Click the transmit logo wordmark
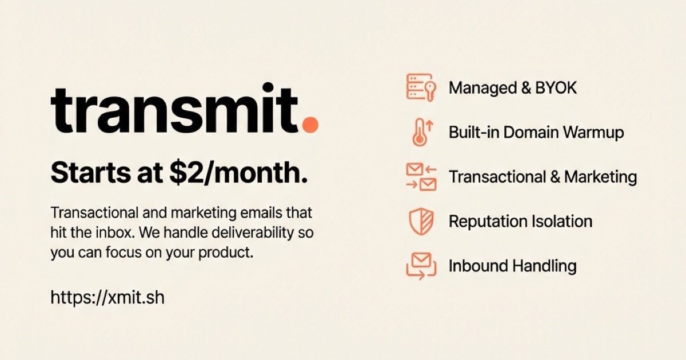[174, 110]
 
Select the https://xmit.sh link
[107, 297]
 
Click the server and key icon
[420, 87]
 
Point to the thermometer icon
[421, 132]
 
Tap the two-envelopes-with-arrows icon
[421, 177]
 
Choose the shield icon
[420, 221]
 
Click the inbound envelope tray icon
[420, 266]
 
